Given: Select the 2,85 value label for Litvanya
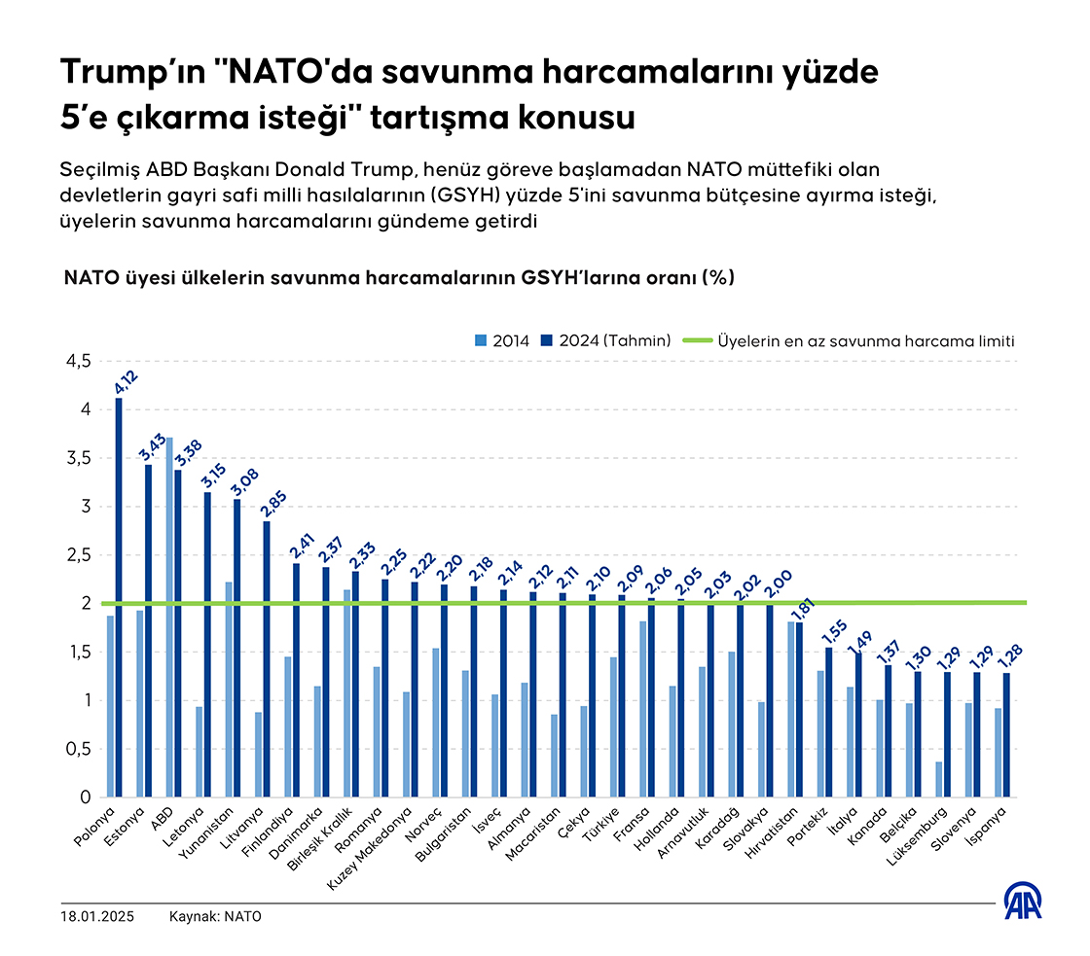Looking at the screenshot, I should (273, 502).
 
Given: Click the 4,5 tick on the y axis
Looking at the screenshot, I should (77, 361).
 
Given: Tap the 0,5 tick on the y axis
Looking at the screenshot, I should (77, 749).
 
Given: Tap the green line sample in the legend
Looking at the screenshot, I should (697, 340).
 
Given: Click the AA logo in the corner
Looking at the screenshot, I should (1024, 901).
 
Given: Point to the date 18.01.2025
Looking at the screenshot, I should (96, 916).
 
